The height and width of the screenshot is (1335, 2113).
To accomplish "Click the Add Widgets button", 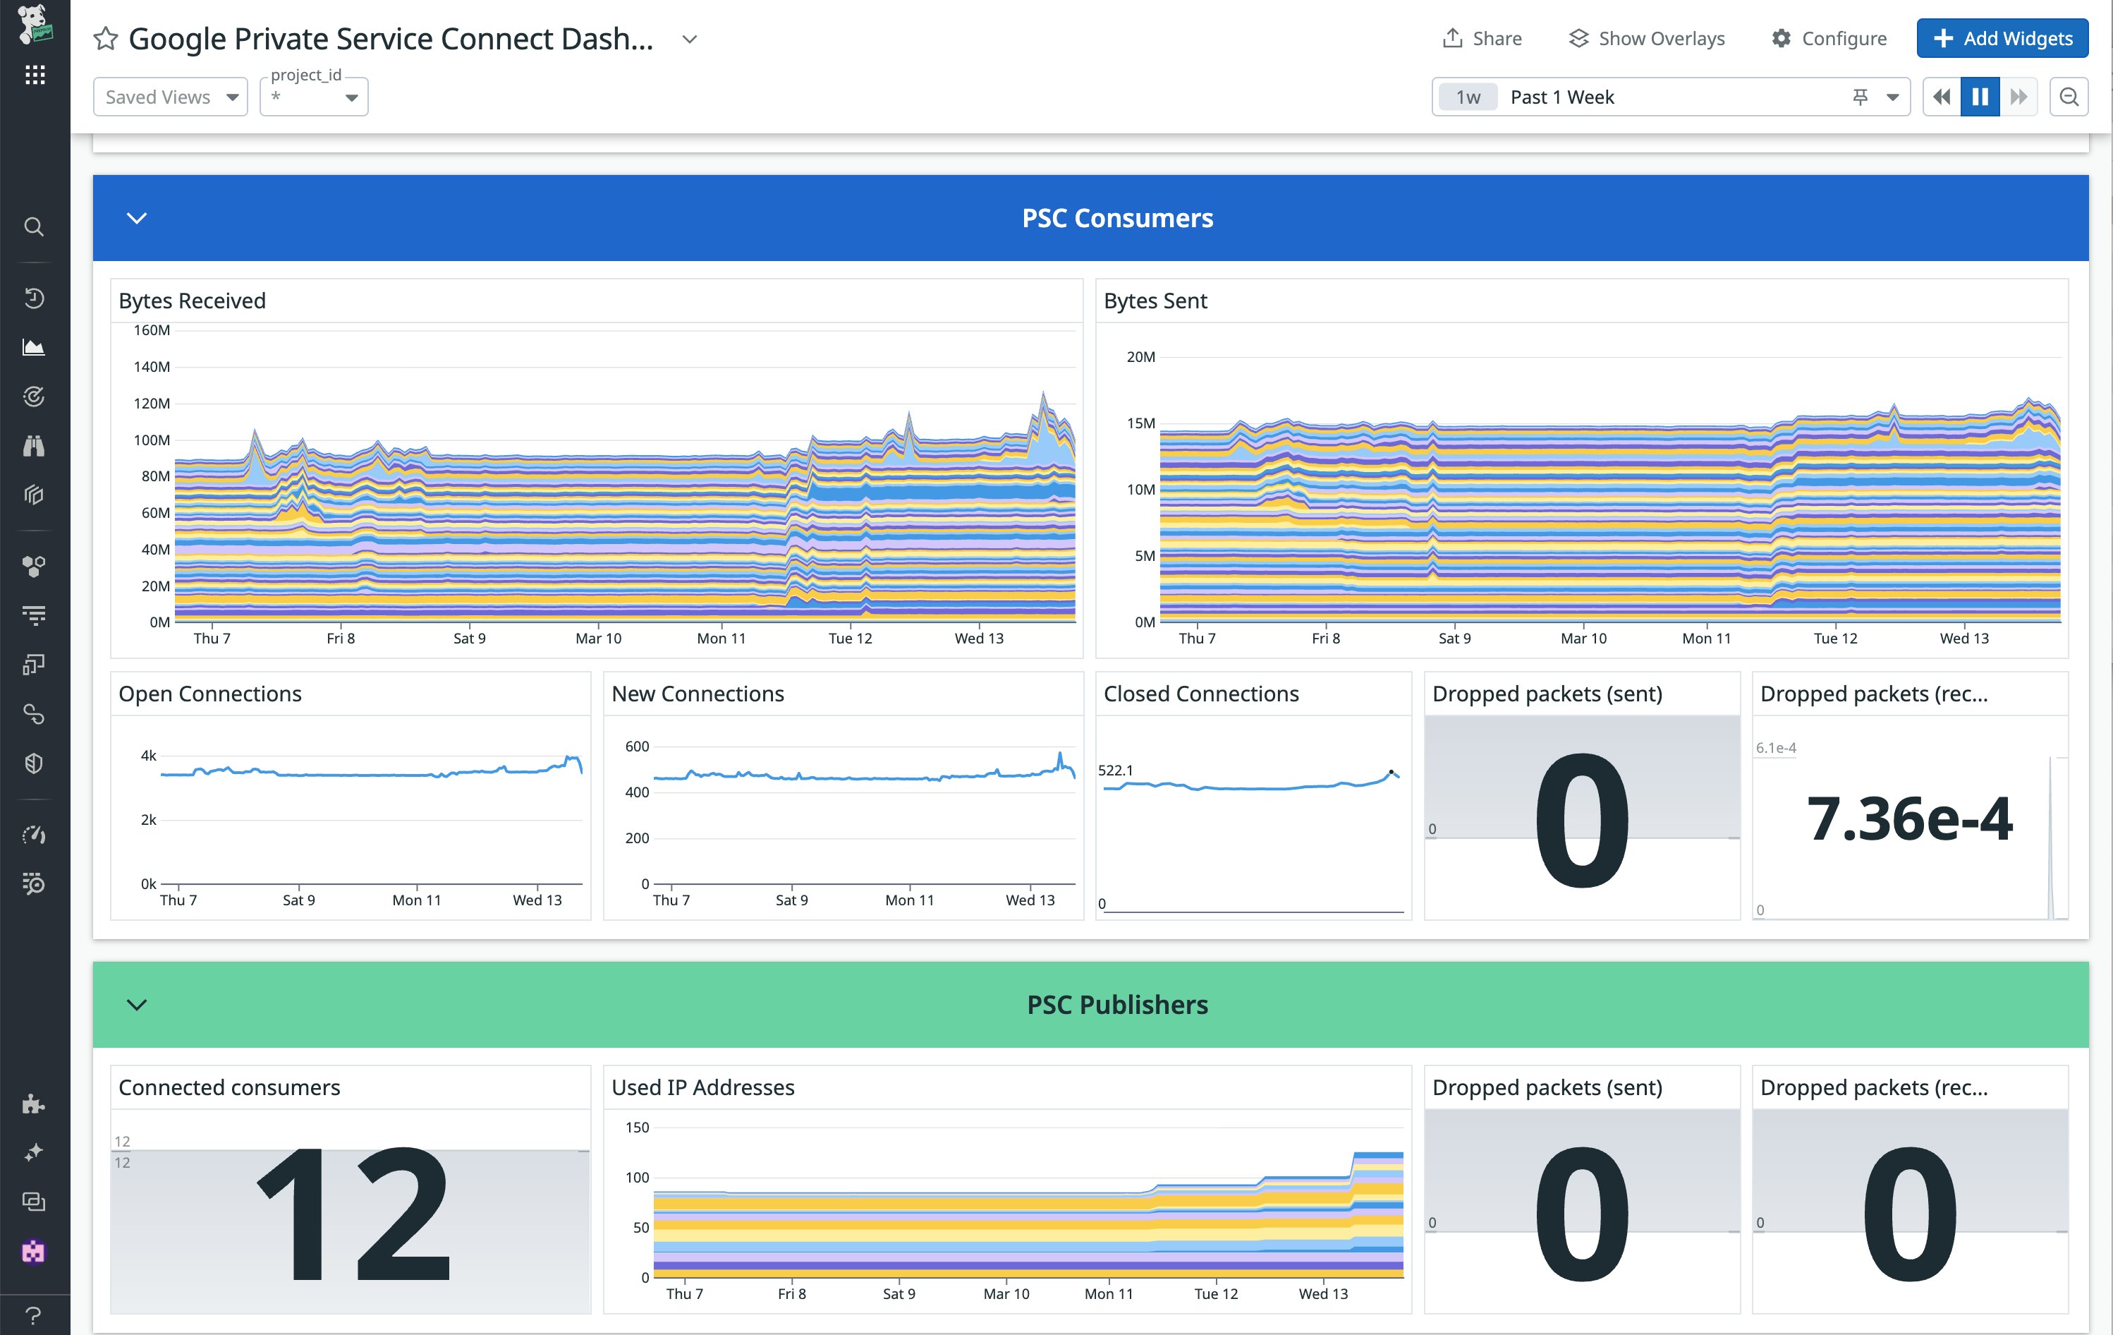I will click(x=2002, y=39).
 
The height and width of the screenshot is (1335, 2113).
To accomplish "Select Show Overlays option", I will click(x=1647, y=39).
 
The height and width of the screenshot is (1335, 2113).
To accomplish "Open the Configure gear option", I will click(x=1829, y=39).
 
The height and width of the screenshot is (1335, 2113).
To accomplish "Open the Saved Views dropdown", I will click(x=170, y=97).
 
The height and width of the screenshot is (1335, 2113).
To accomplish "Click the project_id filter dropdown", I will click(x=314, y=97).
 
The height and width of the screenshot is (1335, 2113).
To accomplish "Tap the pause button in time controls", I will click(x=1980, y=97).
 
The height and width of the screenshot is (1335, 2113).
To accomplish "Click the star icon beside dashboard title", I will click(x=105, y=39).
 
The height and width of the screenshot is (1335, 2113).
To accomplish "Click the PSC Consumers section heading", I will click(x=1117, y=217).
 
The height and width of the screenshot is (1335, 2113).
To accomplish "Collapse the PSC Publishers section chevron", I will click(x=137, y=1004).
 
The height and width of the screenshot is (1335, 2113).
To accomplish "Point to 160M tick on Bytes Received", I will click(x=152, y=330).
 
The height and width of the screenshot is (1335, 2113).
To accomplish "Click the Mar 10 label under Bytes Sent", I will click(x=1583, y=638).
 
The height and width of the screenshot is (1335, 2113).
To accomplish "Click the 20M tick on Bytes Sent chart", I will click(x=1140, y=356).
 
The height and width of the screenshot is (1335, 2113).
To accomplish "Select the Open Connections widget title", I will click(x=209, y=694).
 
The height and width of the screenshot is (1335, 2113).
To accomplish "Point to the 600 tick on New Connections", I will click(x=637, y=746).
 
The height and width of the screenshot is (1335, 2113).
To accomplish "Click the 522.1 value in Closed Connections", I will click(x=1115, y=770).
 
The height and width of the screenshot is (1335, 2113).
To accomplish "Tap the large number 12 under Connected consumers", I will click(x=353, y=1215).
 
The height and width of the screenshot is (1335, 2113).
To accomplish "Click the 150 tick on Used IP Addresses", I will click(x=637, y=1127).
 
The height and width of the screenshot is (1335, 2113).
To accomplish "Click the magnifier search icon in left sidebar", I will click(x=33, y=226).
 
